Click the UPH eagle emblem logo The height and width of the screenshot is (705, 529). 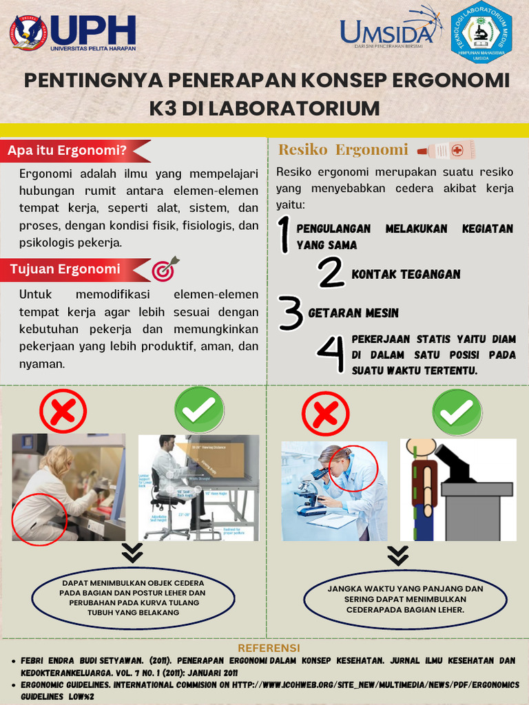[28, 32]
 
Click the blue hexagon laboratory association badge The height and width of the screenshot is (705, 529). [481, 33]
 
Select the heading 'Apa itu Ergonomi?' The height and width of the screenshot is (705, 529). [68, 151]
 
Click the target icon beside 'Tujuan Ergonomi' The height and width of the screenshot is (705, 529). [165, 269]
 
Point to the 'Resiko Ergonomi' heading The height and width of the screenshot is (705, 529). [343, 149]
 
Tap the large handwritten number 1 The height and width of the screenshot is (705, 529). [283, 235]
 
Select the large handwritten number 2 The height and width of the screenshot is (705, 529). [331, 273]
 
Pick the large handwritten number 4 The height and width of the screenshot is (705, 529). [331, 355]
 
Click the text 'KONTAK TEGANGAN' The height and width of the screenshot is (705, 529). [406, 274]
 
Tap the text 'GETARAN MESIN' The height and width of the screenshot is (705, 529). [353, 313]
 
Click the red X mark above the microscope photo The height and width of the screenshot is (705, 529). [325, 414]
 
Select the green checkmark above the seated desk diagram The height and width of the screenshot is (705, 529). [199, 410]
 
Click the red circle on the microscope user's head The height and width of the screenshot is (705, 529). [353, 469]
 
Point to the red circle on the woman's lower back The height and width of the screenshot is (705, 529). [39, 518]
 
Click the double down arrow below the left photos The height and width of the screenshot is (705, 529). [132, 553]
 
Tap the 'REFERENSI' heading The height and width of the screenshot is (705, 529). [269, 649]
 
